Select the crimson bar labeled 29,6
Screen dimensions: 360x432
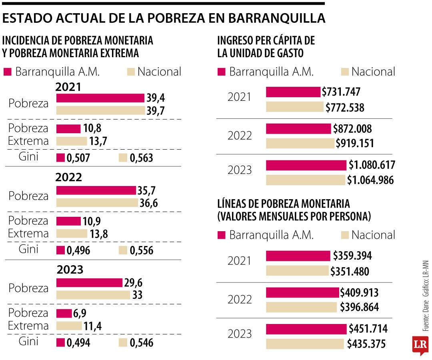(89, 283)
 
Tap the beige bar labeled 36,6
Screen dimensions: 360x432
(97, 203)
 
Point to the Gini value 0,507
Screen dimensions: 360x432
(78, 158)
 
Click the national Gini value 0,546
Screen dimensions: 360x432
(141, 343)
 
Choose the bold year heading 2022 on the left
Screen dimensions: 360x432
(69, 177)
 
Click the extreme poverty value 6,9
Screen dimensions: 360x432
(79, 313)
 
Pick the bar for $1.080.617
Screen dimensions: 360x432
(306, 165)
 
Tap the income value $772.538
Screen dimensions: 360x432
(345, 107)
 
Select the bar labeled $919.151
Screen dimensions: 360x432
(300, 143)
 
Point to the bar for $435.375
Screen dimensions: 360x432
(305, 344)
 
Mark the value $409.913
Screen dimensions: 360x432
(359, 292)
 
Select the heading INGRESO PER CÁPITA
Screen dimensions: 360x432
(266, 40)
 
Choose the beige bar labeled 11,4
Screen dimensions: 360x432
(69, 326)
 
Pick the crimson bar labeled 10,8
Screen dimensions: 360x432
(68, 129)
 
